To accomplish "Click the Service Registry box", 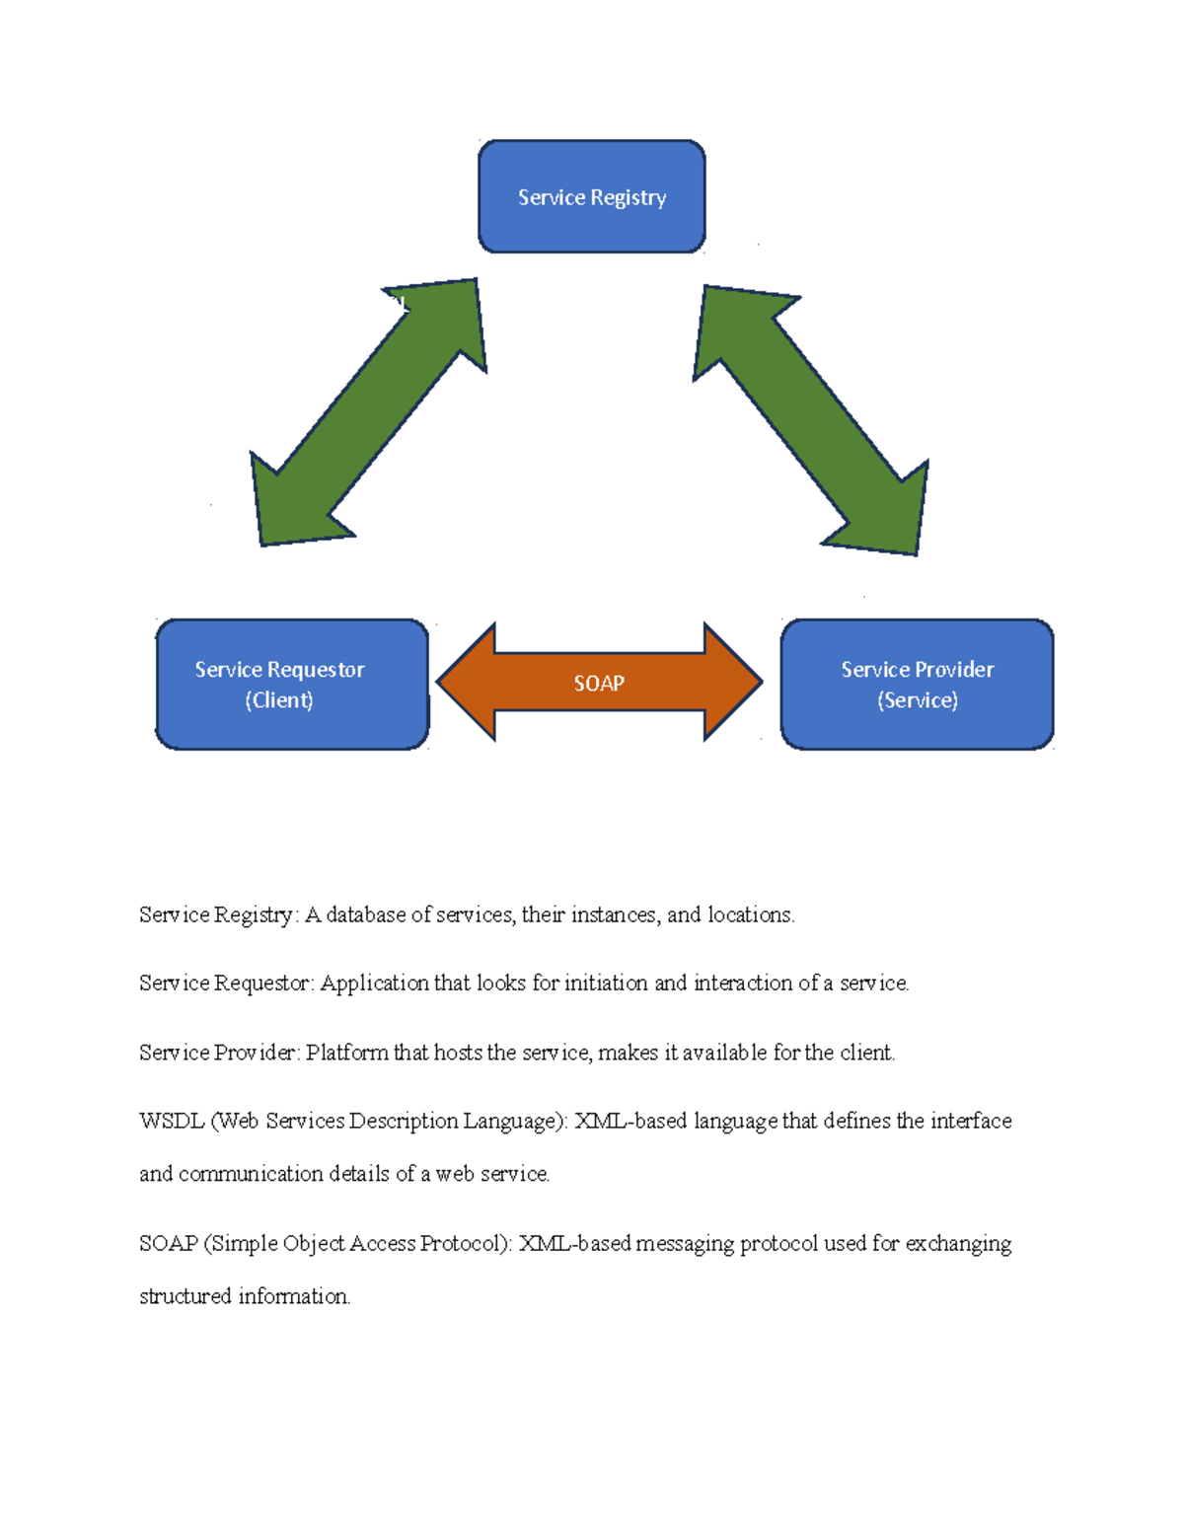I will click(x=591, y=196).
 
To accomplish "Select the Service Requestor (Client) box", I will click(x=292, y=684).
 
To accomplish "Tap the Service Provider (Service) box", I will click(x=917, y=684).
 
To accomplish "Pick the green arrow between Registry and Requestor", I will click(x=368, y=412).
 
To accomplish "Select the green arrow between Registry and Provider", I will click(x=811, y=420).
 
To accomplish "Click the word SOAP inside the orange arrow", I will click(x=599, y=683).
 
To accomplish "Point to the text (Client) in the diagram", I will click(x=279, y=700).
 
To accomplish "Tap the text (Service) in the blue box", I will click(x=917, y=700).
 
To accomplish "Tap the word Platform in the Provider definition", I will click(x=347, y=1053).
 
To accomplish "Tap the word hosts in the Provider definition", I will click(x=458, y=1053).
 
